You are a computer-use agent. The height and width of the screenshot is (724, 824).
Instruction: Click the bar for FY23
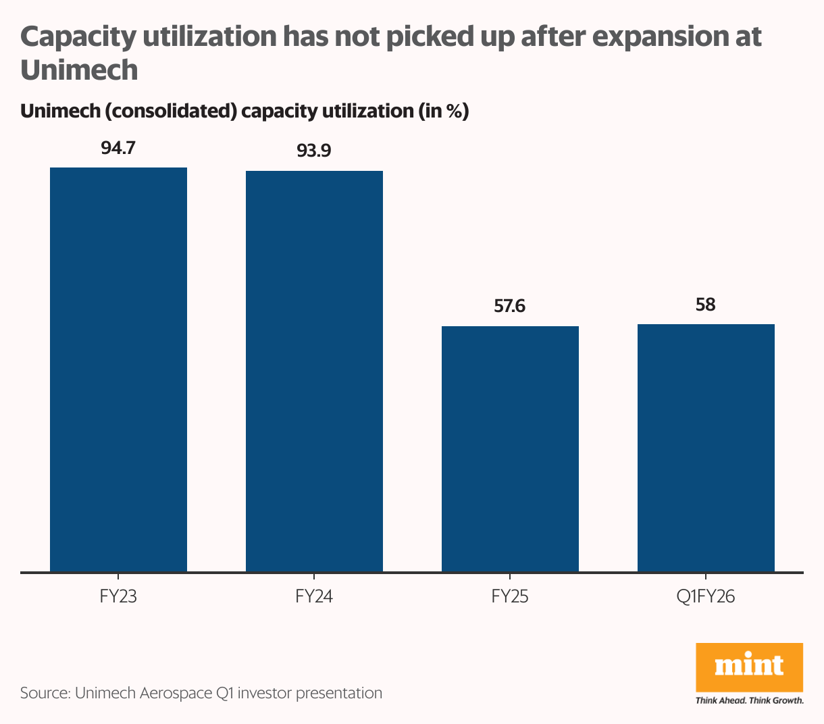coord(118,369)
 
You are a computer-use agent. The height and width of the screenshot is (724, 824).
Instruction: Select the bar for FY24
coord(314,371)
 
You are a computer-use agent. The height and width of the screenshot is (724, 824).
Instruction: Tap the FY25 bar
coord(510,449)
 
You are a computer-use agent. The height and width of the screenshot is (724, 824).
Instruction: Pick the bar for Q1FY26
coord(706,448)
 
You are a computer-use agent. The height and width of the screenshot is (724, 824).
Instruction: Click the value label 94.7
coord(118,147)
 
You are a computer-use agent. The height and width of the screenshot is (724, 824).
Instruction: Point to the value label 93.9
coord(314,151)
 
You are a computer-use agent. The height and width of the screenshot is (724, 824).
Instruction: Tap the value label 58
coord(706,305)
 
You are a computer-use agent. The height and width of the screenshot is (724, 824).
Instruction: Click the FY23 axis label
coord(118,597)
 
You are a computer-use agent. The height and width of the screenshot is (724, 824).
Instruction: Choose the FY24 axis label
coord(314,597)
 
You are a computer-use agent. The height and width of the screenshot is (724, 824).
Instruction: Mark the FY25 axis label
coord(510,597)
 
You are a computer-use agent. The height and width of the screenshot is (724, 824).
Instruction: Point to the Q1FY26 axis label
coord(706,597)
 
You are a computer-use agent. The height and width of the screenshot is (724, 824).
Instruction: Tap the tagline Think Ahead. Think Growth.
coord(749,700)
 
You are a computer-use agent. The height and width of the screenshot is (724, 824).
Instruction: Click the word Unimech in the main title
coord(79,70)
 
